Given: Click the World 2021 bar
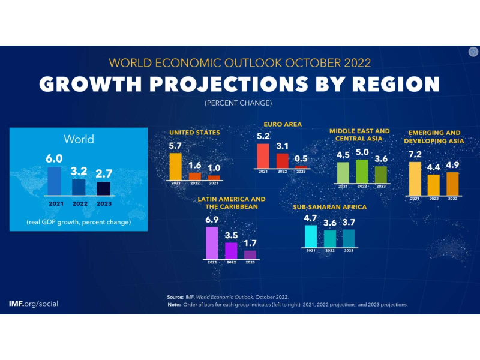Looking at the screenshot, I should pos(55,181).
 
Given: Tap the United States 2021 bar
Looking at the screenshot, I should pos(175,166).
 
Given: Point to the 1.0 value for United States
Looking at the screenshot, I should pos(214,168).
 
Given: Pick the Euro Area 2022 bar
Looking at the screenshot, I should pos(282,160).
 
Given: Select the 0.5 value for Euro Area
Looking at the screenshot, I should pos(301,159).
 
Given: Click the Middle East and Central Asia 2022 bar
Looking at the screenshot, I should pos(362,170).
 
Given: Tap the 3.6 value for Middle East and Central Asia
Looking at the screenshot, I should pos(380,159).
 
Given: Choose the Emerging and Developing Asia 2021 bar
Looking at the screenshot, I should pos(415,179).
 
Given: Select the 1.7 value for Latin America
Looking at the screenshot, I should pos(250,243).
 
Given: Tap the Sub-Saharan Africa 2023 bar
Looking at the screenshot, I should pos(349,238).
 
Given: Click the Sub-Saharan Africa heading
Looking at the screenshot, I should pos(329,208).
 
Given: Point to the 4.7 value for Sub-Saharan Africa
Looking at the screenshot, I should pos(310,218).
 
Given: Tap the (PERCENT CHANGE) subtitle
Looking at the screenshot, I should pos(238,103).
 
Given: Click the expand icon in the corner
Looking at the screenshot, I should pos(473,52).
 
